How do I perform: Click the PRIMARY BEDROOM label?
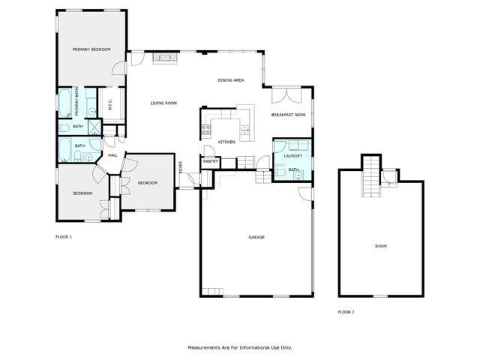point(91,49)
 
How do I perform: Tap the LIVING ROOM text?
point(163,103)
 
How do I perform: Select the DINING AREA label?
point(230,79)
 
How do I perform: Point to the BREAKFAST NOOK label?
point(288,115)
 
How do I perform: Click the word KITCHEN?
point(226,142)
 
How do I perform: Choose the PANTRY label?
point(210,160)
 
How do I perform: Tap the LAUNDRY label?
point(292,156)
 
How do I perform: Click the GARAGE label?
point(256,237)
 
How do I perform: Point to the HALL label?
point(112,155)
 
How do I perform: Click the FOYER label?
point(180,167)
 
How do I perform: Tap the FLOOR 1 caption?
point(64,237)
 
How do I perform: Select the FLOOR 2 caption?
point(346,311)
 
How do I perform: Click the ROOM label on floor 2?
point(380,246)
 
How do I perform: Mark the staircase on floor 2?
point(370,177)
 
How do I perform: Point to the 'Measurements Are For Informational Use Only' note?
point(239,347)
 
